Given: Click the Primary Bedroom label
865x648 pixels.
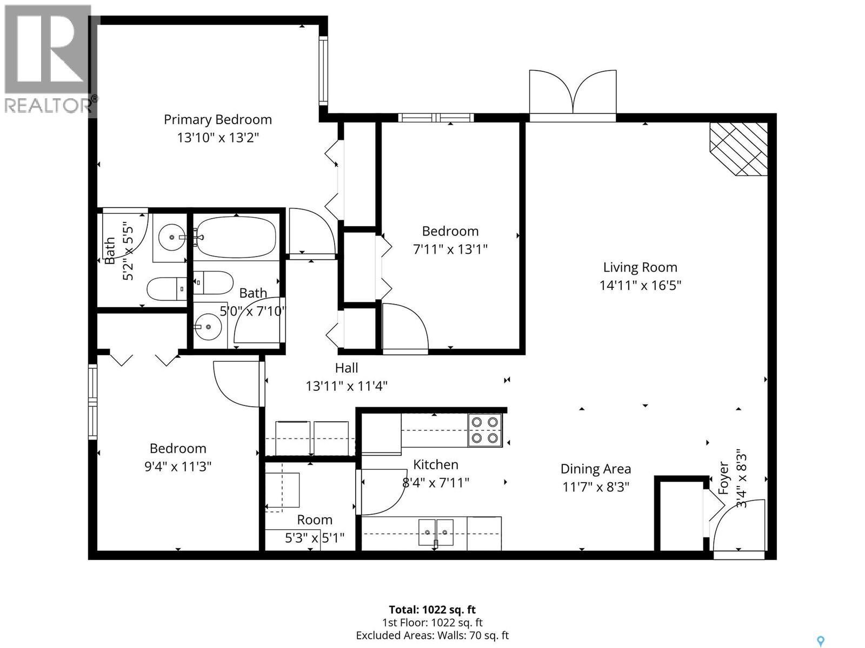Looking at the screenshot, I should [217, 119].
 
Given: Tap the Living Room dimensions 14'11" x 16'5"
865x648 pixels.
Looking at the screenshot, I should [640, 285].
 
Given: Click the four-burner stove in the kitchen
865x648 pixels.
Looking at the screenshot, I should [485, 430].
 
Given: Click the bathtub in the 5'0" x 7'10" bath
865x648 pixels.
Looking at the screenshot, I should [236, 238].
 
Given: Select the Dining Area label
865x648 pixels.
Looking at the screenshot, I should [595, 469].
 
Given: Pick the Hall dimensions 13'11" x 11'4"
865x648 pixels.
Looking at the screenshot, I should [346, 386].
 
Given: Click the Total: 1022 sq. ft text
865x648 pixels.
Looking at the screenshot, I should [432, 610].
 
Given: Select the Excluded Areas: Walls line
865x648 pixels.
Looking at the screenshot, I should [432, 636].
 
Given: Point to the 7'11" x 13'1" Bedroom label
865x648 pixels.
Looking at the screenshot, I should [450, 231].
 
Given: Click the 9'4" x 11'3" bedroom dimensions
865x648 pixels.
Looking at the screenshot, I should [177, 466].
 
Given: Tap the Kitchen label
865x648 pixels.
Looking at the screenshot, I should [436, 464].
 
